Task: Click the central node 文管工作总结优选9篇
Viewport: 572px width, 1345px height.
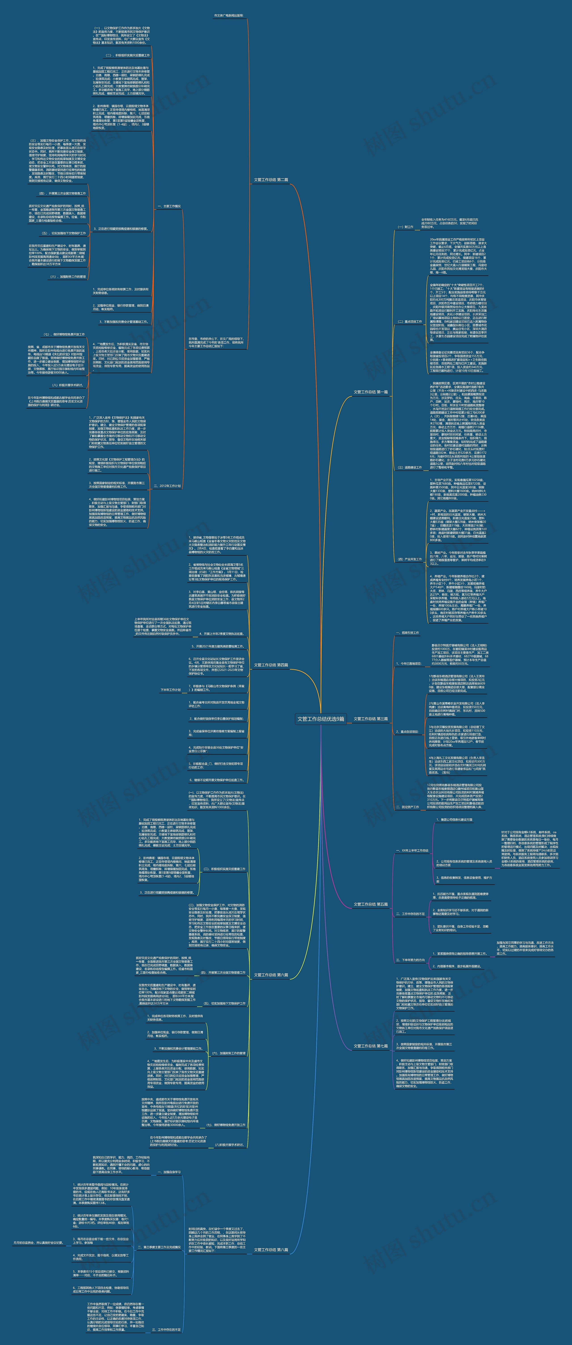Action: (x=320, y=719)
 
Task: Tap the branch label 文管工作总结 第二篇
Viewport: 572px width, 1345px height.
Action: (x=271, y=180)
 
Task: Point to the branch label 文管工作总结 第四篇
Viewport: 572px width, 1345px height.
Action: (x=271, y=665)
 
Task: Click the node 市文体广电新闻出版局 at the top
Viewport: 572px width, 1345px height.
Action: (x=229, y=16)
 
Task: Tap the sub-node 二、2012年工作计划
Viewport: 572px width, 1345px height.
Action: (x=167, y=486)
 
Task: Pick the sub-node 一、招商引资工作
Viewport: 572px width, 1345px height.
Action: (x=407, y=633)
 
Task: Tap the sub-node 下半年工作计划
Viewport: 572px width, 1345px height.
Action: (x=171, y=690)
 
